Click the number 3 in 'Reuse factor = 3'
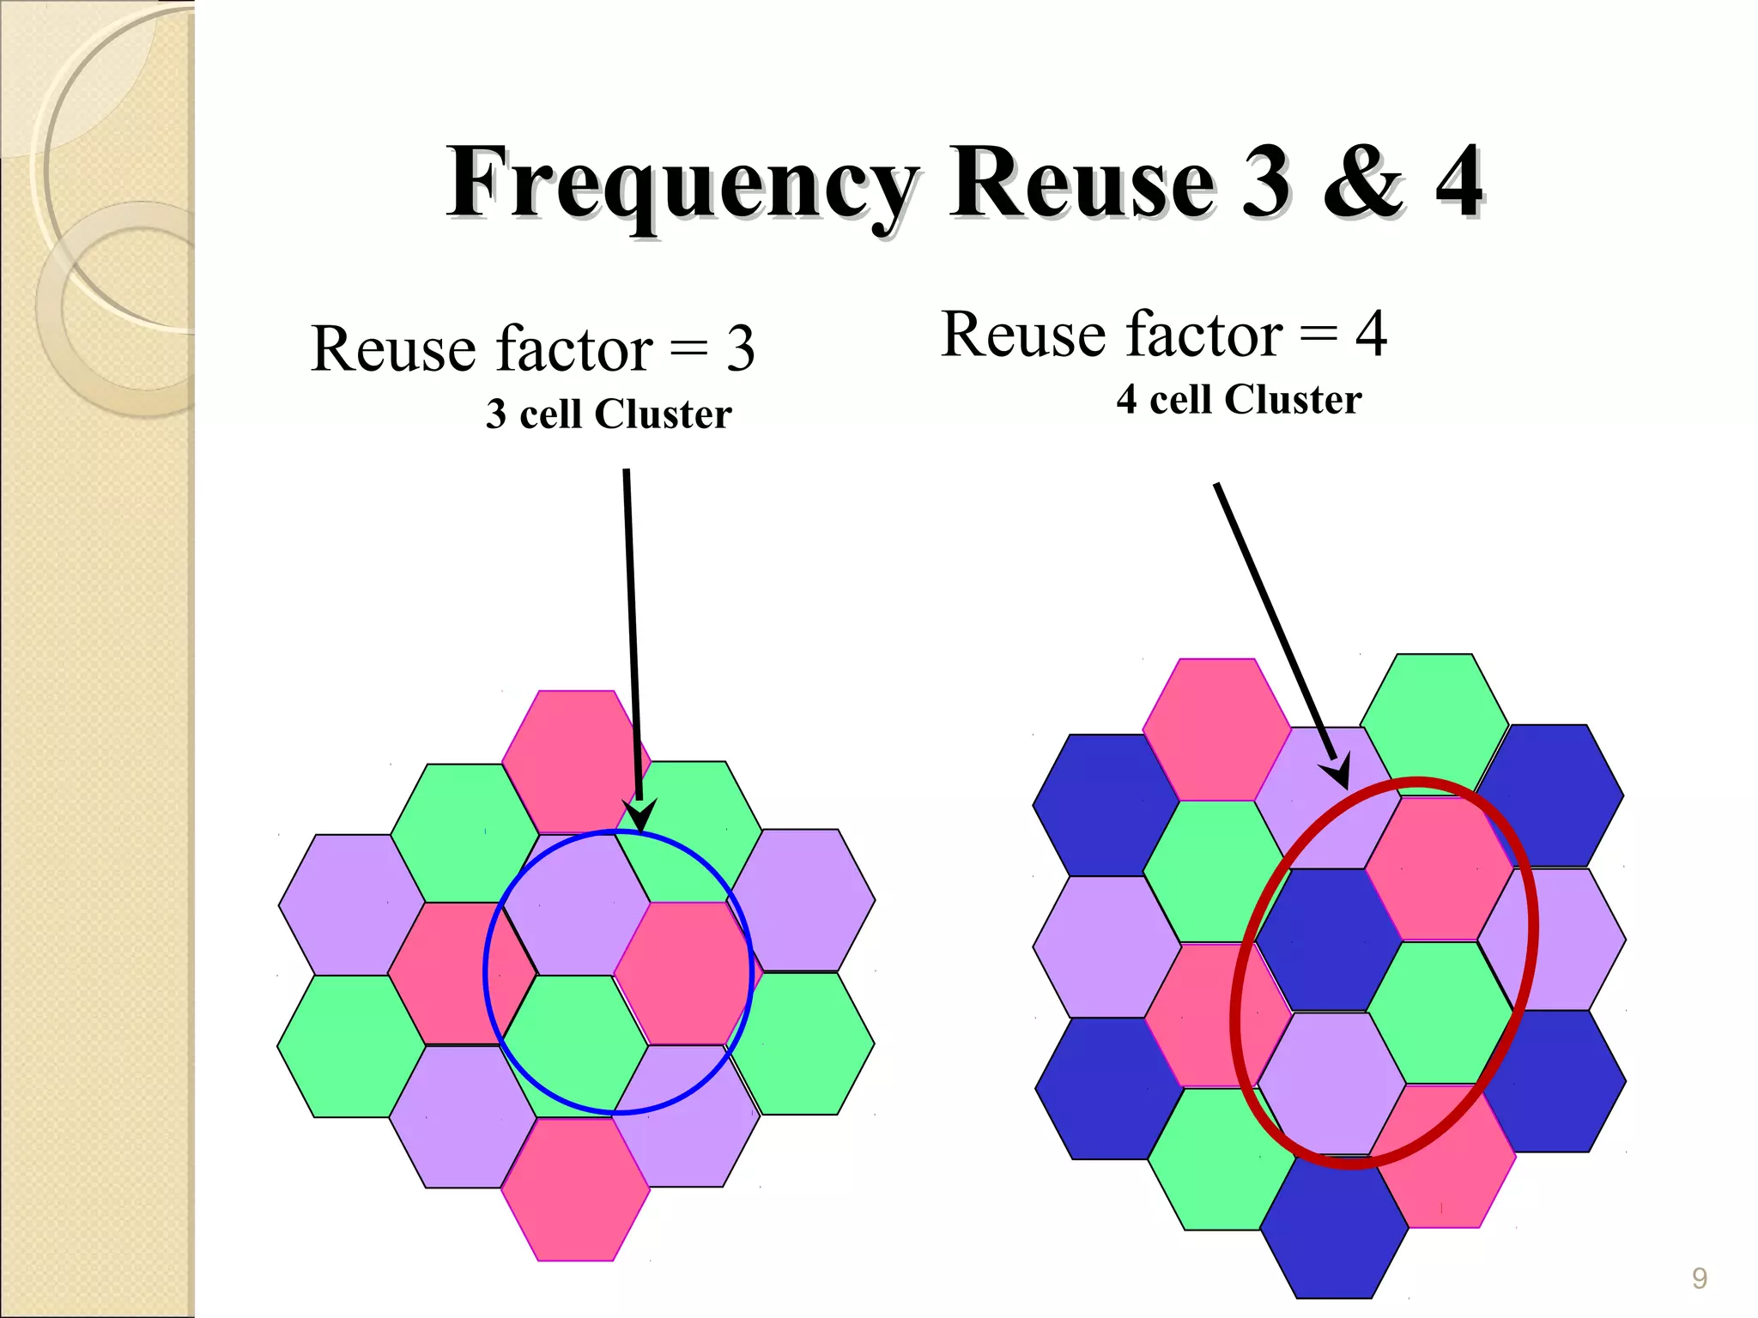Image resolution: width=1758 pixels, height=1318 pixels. click(740, 349)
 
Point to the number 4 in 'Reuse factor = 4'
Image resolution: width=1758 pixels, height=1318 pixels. click(1371, 334)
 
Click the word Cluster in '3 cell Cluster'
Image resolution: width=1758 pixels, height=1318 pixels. click(663, 414)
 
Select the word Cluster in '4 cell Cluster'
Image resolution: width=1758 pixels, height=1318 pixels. click(1293, 400)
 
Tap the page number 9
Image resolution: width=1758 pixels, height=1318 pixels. click(1699, 1279)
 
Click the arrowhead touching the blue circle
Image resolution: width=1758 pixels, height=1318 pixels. click(640, 815)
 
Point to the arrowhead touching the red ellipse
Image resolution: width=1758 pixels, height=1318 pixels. click(1337, 771)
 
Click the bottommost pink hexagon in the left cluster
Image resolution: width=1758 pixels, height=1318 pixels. click(575, 1189)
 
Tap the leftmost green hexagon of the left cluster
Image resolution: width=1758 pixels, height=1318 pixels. click(350, 1046)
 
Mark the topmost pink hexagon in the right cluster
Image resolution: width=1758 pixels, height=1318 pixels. click(1217, 729)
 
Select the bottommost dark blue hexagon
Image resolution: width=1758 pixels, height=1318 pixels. click(1333, 1227)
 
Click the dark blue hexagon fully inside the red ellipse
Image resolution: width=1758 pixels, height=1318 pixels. click(1329, 940)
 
